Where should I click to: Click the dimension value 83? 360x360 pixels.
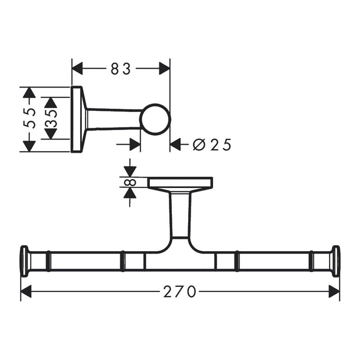121,69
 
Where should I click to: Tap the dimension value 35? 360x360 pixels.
51,118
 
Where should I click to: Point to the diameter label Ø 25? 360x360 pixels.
211,145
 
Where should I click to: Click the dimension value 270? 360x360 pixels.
180,291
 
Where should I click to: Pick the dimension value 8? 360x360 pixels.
130,183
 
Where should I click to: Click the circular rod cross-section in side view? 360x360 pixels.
155,119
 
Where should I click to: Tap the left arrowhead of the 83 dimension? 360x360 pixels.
77,68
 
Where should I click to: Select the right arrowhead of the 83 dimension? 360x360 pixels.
164,68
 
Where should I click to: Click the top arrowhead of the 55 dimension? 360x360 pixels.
29,93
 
